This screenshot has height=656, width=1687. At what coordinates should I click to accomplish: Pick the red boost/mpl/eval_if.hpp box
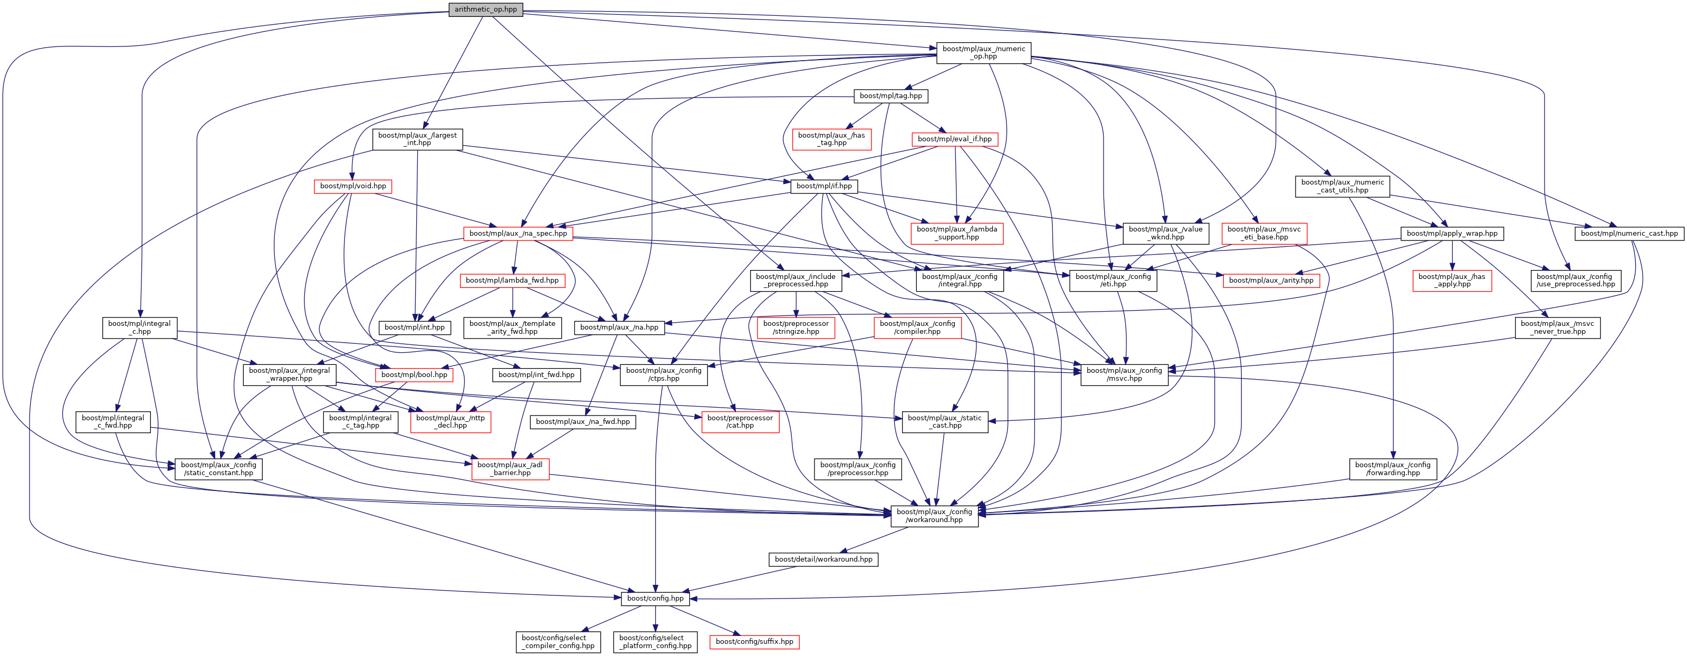[x=954, y=139]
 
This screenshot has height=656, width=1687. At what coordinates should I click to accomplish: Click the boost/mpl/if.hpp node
[x=823, y=187]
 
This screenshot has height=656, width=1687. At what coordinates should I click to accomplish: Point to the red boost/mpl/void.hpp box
[x=353, y=187]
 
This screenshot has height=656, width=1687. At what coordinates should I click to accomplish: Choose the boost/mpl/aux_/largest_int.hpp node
[x=417, y=139]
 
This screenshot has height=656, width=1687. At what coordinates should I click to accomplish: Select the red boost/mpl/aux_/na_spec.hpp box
[x=518, y=234]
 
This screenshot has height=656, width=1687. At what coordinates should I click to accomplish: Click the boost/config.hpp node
[x=655, y=599]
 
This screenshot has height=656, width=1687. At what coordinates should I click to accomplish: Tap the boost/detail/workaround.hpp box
[x=823, y=559]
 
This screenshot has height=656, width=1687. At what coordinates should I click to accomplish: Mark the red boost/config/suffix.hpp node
[x=754, y=642]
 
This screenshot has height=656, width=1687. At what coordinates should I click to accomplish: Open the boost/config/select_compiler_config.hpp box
[x=558, y=642]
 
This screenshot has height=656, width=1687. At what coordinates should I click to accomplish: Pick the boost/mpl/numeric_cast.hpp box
[x=1629, y=234]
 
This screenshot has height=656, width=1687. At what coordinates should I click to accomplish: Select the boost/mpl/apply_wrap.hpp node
[x=1451, y=234]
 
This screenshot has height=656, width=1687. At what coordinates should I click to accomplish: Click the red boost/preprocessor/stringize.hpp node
[x=795, y=327]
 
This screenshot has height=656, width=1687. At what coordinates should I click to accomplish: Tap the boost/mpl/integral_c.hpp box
[x=139, y=327]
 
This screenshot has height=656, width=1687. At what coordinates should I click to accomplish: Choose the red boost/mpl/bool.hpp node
[x=414, y=375]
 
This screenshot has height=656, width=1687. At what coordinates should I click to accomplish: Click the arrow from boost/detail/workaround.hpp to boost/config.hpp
[x=740, y=580]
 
